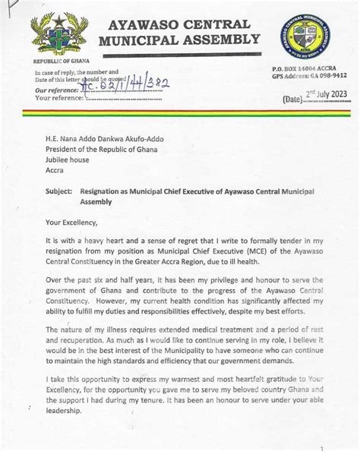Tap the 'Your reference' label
pos(58,98)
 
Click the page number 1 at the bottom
pos(322,448)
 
